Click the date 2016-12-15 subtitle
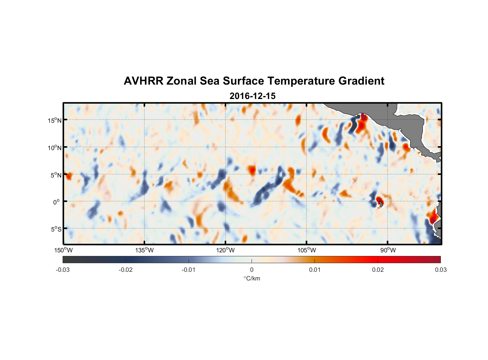pos(252,96)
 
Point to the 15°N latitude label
pos(55,120)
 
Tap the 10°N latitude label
pos(55,148)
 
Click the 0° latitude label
pos(57,202)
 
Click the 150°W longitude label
pos(63,250)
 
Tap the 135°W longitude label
pos(145,250)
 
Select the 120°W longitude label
pos(226,250)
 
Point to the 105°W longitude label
pos(307,250)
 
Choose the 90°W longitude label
pos(388,250)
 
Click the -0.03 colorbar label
pos(63,270)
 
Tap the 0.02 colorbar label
pos(378,270)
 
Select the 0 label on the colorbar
pos(252,270)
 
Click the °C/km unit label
pos(252,278)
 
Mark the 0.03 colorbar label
pos(440,270)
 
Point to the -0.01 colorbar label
pos(189,270)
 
